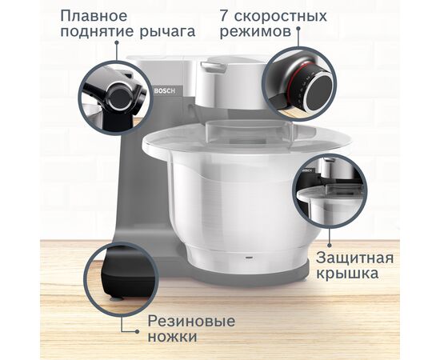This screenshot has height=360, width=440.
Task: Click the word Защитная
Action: coord(355,258)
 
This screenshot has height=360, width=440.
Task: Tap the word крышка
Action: coord(346,276)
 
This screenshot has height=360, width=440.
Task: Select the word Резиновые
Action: coord(191,322)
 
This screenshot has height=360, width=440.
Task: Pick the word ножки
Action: coord(171,338)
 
